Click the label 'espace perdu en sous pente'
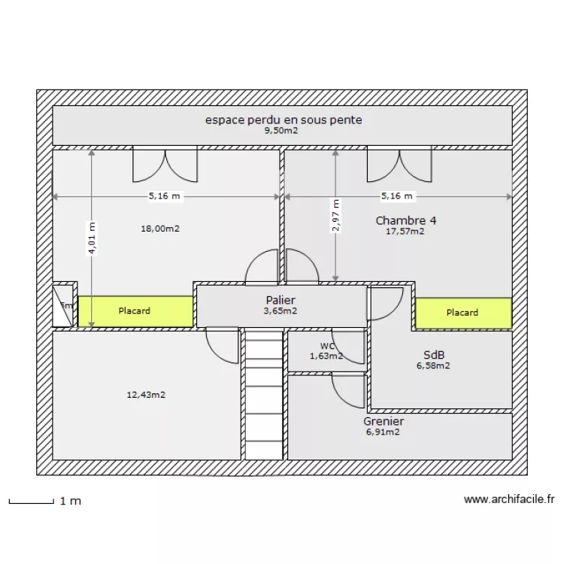(x=284, y=120)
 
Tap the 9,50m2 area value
(x=280, y=131)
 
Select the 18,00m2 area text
(x=160, y=229)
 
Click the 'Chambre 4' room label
(x=406, y=220)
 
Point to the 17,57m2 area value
(x=405, y=232)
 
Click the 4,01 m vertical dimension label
(x=92, y=238)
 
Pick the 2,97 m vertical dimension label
(x=335, y=216)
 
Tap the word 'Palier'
(x=280, y=300)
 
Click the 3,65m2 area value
(x=280, y=311)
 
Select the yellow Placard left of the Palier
(x=135, y=311)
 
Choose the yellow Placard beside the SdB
(x=463, y=313)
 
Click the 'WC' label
(x=326, y=347)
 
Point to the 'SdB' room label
(x=433, y=355)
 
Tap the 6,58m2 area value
(x=433, y=366)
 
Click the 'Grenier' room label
(x=384, y=422)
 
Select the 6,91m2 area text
(x=383, y=432)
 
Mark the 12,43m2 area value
(x=146, y=394)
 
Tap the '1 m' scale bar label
(x=71, y=501)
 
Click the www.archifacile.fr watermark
(x=508, y=499)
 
